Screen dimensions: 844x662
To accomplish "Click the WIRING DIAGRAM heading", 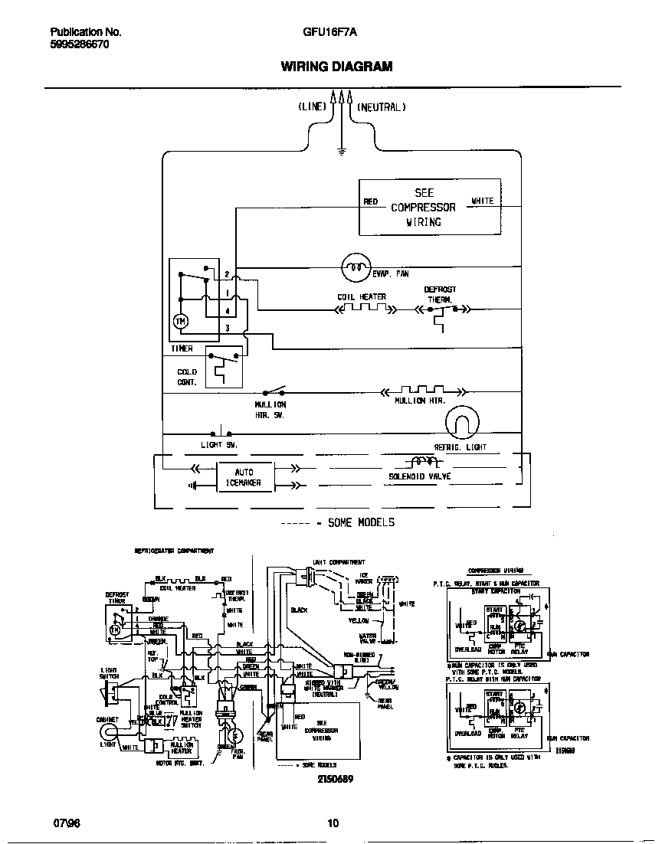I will pyautogui.click(x=336, y=67).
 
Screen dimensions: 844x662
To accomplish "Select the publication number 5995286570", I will pyautogui.click(x=79, y=45).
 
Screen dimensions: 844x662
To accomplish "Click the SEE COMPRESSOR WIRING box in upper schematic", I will pyautogui.click(x=429, y=207).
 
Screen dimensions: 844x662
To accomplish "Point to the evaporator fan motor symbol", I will pyautogui.click(x=354, y=267).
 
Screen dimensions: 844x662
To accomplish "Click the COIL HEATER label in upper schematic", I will pyautogui.click(x=362, y=296).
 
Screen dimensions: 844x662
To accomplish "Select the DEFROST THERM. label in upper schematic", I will pyautogui.click(x=440, y=295).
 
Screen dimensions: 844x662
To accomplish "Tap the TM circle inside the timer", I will pyautogui.click(x=181, y=322).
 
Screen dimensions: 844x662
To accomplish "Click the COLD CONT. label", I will pyautogui.click(x=187, y=377).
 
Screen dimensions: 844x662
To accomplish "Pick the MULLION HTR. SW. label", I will pyautogui.click(x=270, y=408).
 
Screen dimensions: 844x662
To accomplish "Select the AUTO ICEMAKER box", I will pyautogui.click(x=243, y=477).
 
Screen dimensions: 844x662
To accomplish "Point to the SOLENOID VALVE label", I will pyautogui.click(x=419, y=476).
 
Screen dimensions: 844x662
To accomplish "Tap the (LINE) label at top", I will pyautogui.click(x=312, y=108).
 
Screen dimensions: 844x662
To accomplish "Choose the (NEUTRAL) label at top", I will pyautogui.click(x=381, y=108).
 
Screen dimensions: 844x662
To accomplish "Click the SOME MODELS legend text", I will pyautogui.click(x=360, y=522).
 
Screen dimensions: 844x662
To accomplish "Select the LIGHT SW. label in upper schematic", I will pyautogui.click(x=219, y=444).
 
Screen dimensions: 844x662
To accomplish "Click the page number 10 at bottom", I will pyautogui.click(x=333, y=824).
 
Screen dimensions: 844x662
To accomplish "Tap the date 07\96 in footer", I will pyautogui.click(x=67, y=824).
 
